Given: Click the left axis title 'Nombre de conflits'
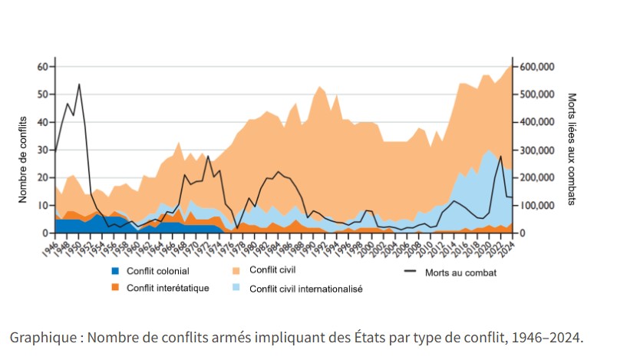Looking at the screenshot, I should [22, 160].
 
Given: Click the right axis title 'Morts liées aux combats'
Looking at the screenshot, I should [571, 150].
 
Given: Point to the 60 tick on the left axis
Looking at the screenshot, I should [41, 67].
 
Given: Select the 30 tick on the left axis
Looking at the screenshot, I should [41, 150].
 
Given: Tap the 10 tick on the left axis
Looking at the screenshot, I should [41, 205].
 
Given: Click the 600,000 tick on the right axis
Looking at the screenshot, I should [537, 67].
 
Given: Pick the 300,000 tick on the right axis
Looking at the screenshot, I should [537, 150].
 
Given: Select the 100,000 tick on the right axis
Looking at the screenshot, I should [537, 205].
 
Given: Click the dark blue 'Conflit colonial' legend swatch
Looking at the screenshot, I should [116, 271].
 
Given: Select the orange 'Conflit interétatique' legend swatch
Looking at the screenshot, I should [116, 289].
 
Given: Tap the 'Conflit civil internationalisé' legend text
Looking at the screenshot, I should [306, 289].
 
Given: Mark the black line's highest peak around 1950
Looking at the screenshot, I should [79, 84].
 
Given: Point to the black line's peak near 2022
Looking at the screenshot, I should [500, 157].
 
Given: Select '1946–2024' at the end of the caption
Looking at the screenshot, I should [549, 337].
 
